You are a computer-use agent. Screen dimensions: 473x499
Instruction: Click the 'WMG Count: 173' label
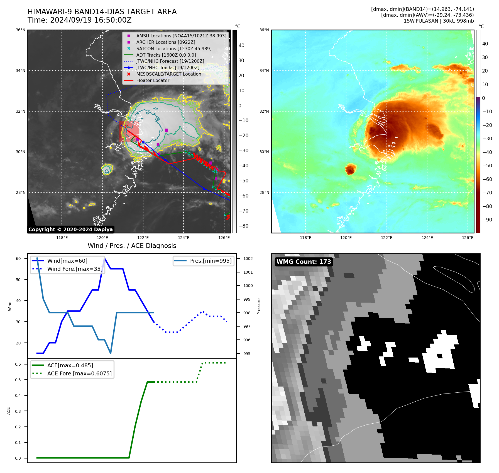click(x=304, y=262)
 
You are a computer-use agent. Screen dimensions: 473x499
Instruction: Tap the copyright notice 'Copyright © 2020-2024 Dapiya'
click(x=70, y=230)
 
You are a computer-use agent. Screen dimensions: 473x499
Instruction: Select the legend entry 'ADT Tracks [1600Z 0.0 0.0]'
click(x=166, y=55)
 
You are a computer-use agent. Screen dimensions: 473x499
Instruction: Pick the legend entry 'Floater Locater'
click(x=153, y=81)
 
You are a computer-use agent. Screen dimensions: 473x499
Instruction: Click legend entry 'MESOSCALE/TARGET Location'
click(x=168, y=74)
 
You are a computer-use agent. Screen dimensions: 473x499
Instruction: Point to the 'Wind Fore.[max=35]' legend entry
click(x=75, y=269)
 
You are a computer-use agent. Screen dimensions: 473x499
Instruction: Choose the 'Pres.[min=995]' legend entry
click(x=211, y=261)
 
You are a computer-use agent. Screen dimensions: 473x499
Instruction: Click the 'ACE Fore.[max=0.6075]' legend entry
click(x=79, y=373)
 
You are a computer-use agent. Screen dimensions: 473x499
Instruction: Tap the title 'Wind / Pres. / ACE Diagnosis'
click(x=132, y=246)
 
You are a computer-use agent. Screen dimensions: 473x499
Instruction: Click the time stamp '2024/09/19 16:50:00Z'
click(x=90, y=20)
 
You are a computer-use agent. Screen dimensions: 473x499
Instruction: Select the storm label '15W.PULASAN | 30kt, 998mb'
click(x=439, y=21)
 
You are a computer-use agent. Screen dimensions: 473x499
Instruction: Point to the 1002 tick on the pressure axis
click(x=248, y=259)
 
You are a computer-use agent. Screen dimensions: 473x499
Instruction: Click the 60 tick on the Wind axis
click(x=18, y=259)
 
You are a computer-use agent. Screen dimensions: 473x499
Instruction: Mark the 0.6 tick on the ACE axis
click(x=18, y=364)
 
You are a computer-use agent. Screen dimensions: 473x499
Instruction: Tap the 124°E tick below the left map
click(x=184, y=238)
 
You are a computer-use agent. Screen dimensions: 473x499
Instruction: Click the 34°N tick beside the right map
click(x=264, y=71)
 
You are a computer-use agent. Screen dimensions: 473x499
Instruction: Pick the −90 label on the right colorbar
click(x=487, y=220)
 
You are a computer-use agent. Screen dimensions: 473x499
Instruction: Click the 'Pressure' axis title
click(x=259, y=306)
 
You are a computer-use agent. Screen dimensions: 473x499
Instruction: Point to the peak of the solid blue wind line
click(x=104, y=258)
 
